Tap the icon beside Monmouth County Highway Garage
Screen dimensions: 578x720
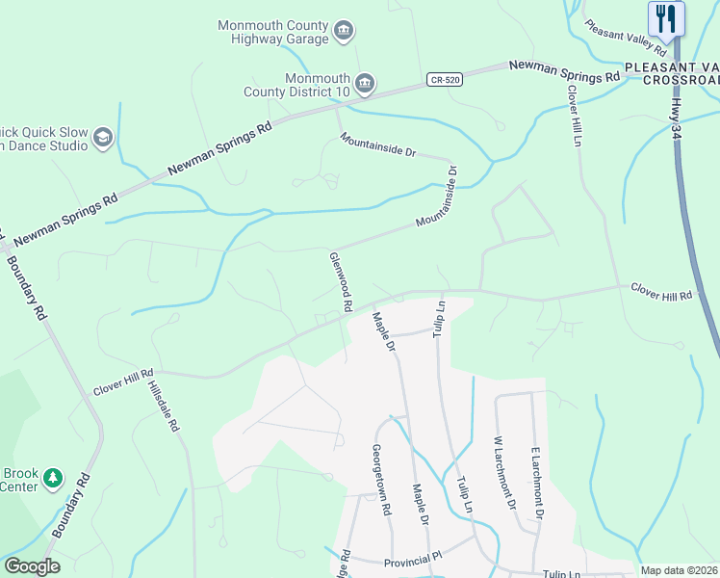pyautogui.click(x=343, y=33)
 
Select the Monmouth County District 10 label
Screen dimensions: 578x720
pyautogui.click(x=318, y=85)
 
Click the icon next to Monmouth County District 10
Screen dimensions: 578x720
pyautogui.click(x=365, y=85)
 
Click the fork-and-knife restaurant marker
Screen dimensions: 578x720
pyautogui.click(x=666, y=18)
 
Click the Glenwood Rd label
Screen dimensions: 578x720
pyautogui.click(x=341, y=282)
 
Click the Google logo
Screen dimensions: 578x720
pyautogui.click(x=32, y=566)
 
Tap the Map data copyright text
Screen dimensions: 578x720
pyautogui.click(x=679, y=570)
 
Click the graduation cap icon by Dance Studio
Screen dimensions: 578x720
pyautogui.click(x=103, y=139)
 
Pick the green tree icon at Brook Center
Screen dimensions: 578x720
pyautogui.click(x=52, y=478)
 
